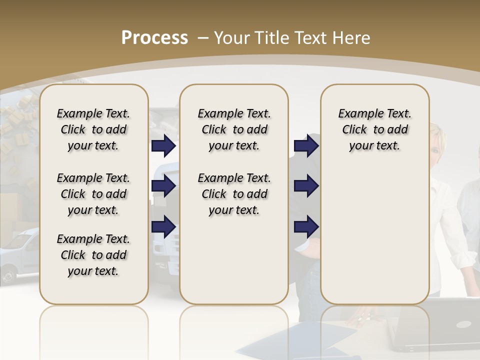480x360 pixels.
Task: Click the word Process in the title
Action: tap(154, 37)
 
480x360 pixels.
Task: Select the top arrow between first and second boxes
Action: tap(163, 146)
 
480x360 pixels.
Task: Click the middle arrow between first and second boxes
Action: tap(163, 186)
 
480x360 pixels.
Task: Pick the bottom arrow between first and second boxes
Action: tap(163, 226)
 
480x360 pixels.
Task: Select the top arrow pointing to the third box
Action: tap(306, 146)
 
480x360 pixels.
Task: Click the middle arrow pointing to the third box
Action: tap(306, 186)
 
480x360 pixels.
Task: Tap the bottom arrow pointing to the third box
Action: tap(306, 226)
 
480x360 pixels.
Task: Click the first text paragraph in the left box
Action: tap(93, 129)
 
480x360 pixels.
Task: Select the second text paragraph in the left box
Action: tap(93, 194)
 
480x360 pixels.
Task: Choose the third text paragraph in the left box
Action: tap(93, 255)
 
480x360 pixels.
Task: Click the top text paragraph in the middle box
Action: tap(234, 129)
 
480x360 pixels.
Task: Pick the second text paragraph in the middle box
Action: tap(234, 194)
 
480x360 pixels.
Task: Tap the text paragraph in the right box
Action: tap(374, 129)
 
